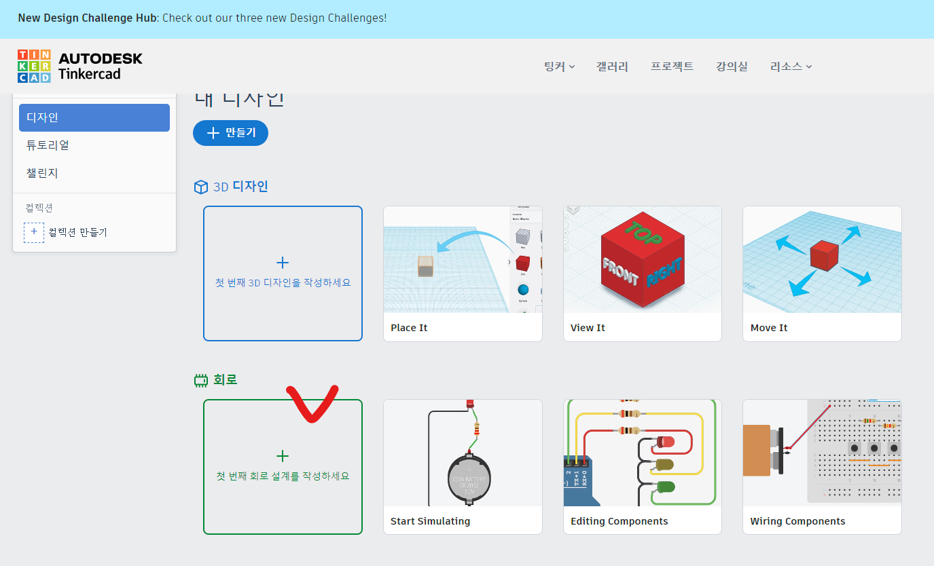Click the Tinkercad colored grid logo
34,66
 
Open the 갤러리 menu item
612,67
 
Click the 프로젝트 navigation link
672,67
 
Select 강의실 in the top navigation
732,67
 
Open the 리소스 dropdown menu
791,67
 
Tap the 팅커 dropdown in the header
559,67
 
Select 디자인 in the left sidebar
94,117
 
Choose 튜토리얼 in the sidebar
48,145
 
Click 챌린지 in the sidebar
42,173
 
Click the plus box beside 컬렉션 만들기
34,232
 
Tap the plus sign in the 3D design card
283,263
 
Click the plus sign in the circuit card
283,456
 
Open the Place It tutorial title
409,328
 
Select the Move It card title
769,328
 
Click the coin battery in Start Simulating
469,478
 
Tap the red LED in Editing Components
665,442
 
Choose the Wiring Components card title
797,521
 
